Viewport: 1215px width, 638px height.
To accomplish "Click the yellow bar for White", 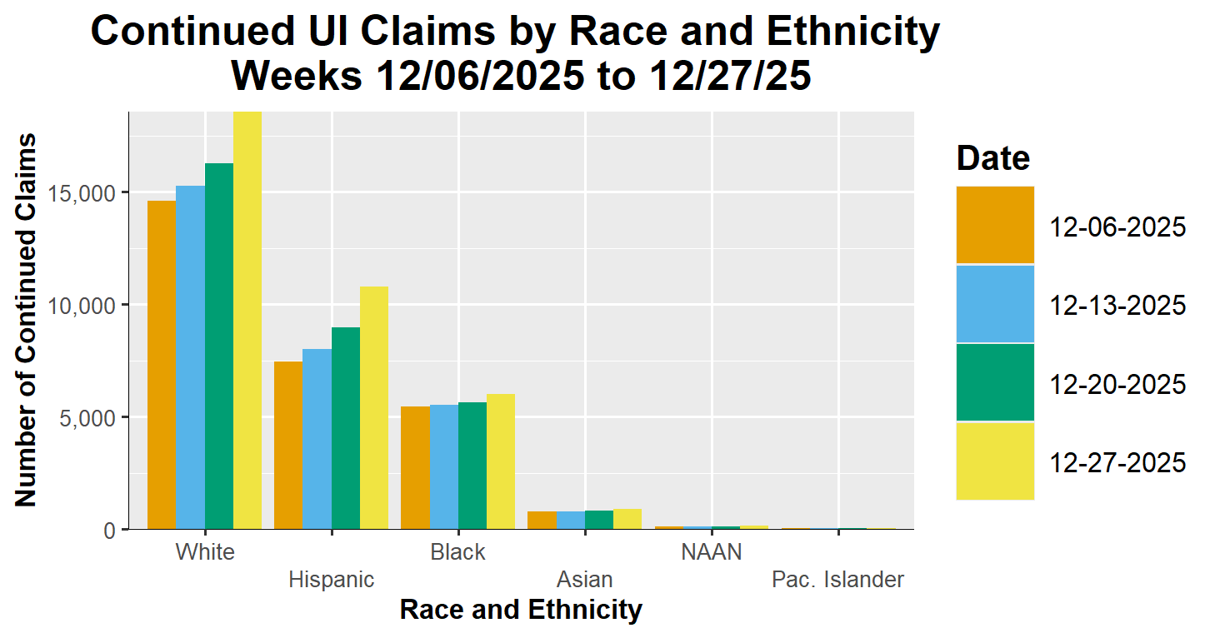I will (247, 321).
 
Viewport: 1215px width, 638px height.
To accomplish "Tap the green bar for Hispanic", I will (346, 428).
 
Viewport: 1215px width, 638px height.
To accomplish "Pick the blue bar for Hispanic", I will (317, 439).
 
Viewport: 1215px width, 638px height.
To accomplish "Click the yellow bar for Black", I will (501, 461).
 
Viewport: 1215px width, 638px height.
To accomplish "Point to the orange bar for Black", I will (415, 467).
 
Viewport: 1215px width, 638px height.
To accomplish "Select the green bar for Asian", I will (599, 520).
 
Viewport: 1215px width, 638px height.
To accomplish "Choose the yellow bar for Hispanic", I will (374, 407).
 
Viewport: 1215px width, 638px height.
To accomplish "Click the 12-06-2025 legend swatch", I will (995, 226).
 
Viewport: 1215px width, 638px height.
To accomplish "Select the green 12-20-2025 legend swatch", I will (995, 383).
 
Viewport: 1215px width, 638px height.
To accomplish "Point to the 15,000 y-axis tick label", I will (86, 193).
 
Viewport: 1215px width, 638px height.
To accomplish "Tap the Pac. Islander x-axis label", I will (837, 580).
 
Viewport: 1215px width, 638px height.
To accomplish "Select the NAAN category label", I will (711, 552).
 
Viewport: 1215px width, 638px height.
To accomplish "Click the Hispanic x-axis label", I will (332, 580).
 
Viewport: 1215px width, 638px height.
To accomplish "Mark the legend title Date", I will (993, 157).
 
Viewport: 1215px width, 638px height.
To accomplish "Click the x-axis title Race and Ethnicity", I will (521, 610).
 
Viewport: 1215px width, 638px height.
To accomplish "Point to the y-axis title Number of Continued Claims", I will (27, 320).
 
